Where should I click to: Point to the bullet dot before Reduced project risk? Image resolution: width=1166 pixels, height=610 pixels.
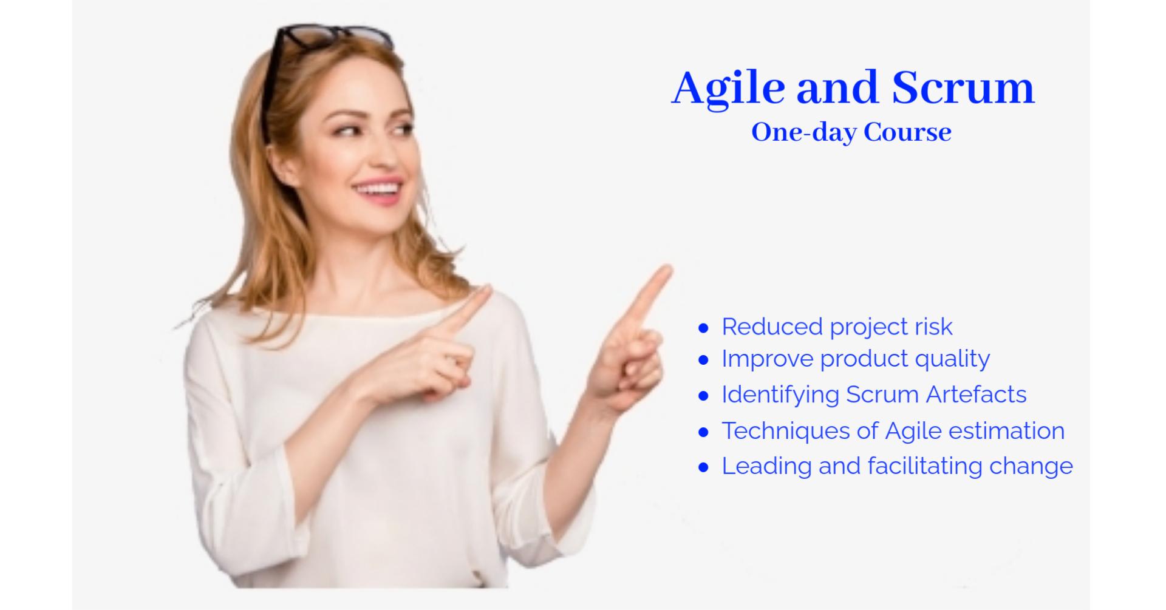[704, 328]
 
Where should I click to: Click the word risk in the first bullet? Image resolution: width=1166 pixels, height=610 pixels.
[931, 327]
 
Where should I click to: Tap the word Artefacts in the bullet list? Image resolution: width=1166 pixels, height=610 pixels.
[976, 395]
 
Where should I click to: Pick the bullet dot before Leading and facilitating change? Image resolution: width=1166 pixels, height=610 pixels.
[704, 467]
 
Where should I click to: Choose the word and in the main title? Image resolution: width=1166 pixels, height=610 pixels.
[837, 87]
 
